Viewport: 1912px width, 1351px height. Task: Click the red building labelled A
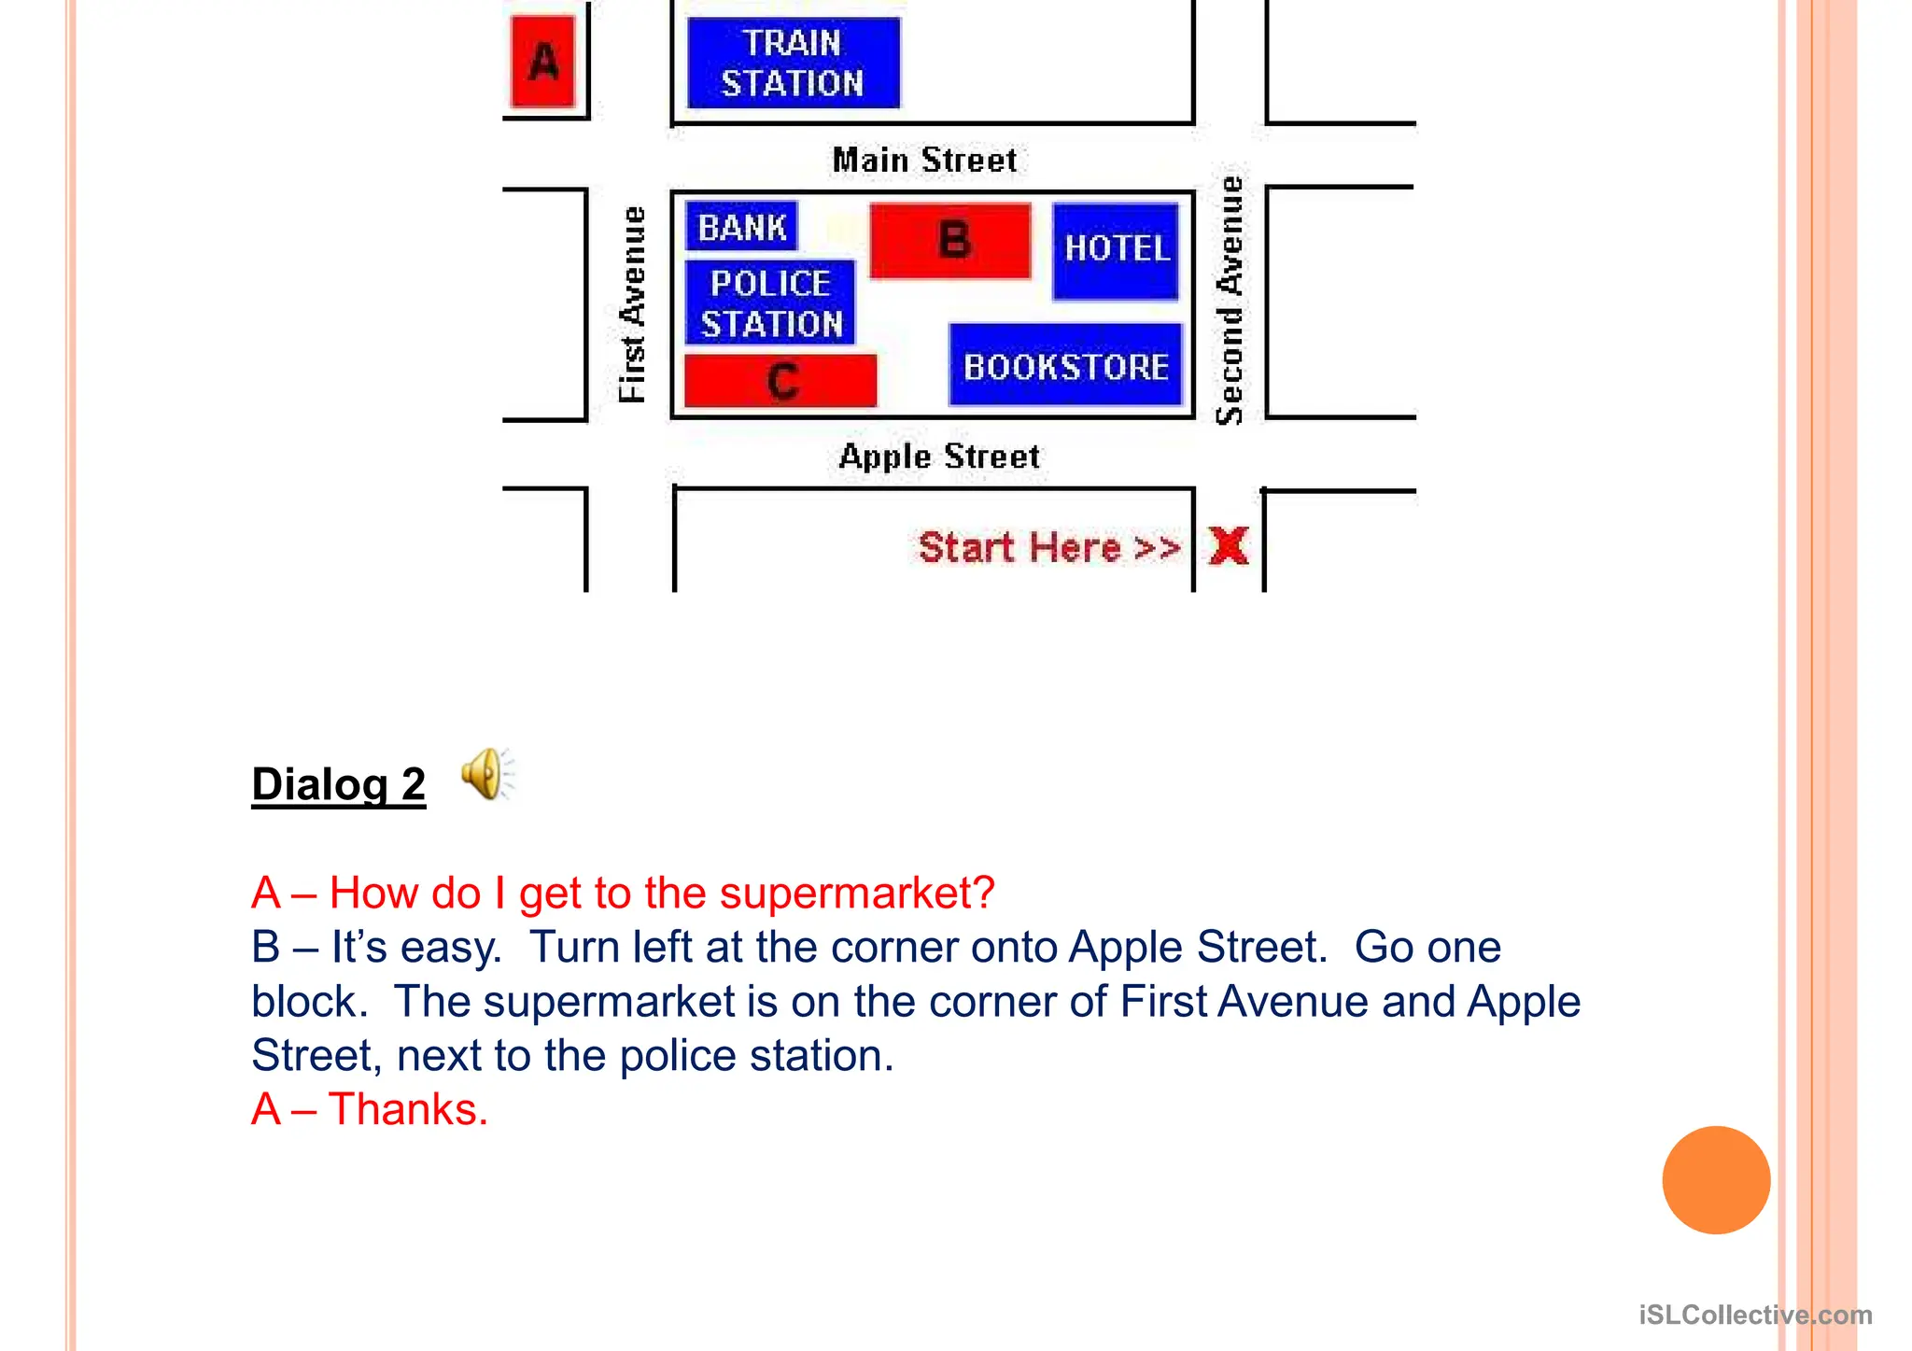click(542, 63)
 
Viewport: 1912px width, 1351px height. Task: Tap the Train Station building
click(794, 63)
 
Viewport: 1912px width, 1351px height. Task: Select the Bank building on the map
click(742, 227)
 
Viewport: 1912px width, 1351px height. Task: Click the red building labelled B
click(950, 241)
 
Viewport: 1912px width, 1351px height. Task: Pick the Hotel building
click(1116, 250)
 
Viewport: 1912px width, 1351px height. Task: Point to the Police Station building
click(770, 303)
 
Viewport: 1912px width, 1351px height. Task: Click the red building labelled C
click(780, 381)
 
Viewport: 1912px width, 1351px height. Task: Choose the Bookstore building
click(1065, 366)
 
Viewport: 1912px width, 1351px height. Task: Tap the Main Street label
click(924, 160)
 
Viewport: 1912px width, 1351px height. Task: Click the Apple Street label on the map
click(938, 457)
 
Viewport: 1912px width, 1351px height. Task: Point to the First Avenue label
click(633, 304)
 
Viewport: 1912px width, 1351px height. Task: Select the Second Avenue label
click(1230, 301)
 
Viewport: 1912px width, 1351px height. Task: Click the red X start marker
click(1229, 545)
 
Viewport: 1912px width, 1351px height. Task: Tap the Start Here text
click(1048, 547)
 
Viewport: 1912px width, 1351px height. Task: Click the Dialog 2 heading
click(338, 783)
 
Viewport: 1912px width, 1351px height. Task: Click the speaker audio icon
click(486, 774)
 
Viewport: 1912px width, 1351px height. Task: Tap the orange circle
click(1716, 1180)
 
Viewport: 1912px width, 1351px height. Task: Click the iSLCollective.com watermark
click(1755, 1315)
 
